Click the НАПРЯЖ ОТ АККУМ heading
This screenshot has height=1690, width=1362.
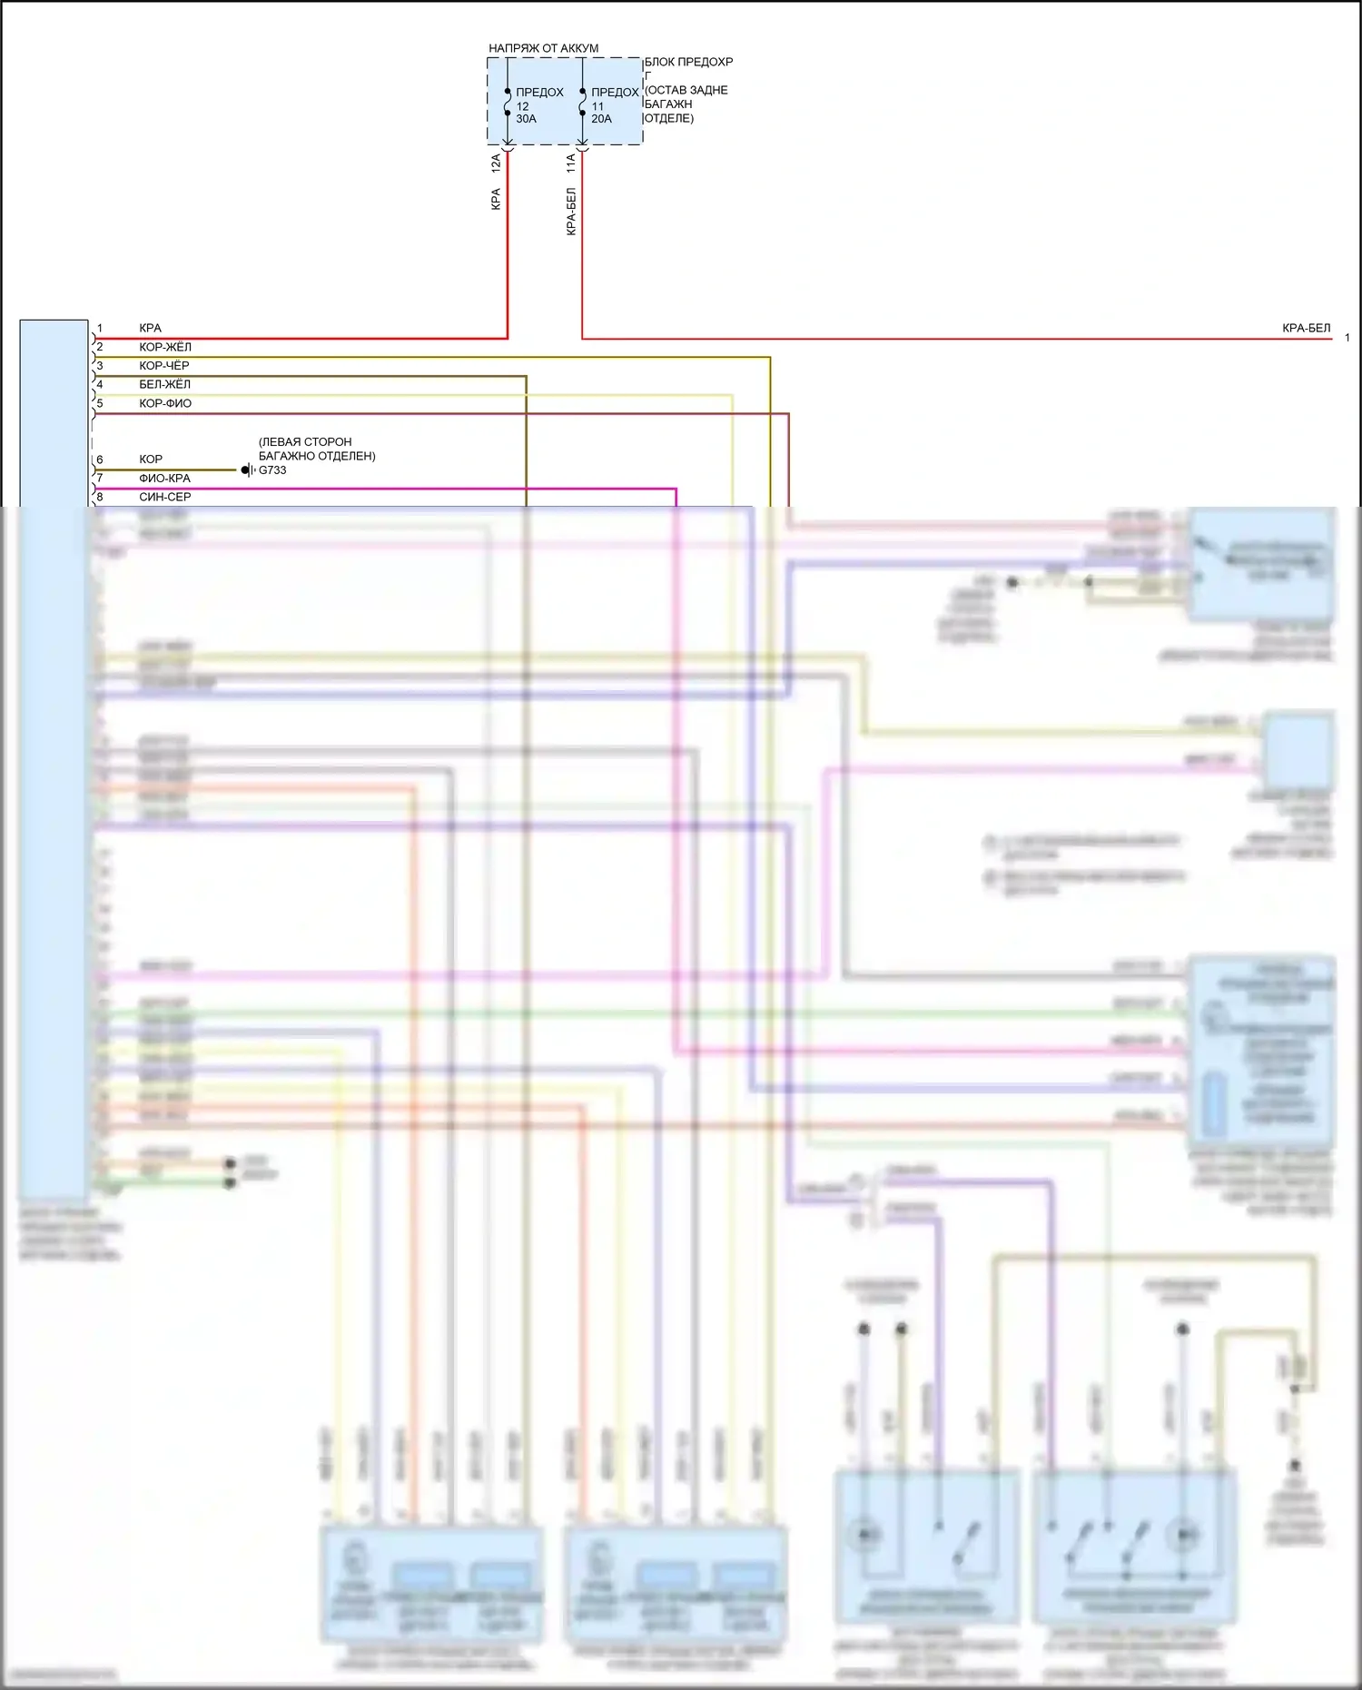click(543, 48)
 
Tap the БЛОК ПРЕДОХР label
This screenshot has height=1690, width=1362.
click(688, 62)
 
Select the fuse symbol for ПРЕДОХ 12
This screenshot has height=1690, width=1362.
click(508, 102)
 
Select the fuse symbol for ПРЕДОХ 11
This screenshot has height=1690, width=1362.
click(582, 102)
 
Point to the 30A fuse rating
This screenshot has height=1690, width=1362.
click(527, 119)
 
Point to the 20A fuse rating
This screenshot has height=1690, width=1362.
click(601, 119)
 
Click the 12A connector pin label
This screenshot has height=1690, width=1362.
click(496, 163)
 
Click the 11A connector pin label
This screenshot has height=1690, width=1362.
click(570, 163)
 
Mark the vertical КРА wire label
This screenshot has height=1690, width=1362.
click(496, 199)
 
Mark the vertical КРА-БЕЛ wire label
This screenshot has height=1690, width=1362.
click(571, 212)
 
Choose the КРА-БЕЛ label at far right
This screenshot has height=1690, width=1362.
click(1306, 328)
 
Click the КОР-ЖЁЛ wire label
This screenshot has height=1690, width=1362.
click(165, 347)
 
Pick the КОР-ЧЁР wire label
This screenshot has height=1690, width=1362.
click(164, 365)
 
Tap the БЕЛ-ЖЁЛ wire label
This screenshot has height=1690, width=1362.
click(164, 384)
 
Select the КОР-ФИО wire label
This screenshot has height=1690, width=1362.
click(165, 403)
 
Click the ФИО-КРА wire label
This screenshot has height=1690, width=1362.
click(164, 478)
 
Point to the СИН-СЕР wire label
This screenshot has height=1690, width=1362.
click(164, 497)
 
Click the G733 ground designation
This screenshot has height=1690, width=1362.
click(272, 470)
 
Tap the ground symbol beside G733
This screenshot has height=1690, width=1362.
click(247, 470)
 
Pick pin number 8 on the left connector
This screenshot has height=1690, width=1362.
click(100, 497)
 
